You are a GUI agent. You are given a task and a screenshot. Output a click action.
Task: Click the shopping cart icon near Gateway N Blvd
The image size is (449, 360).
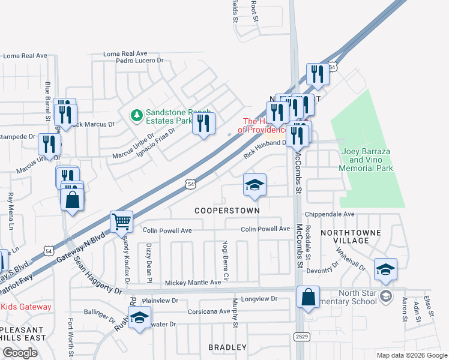click(121, 221)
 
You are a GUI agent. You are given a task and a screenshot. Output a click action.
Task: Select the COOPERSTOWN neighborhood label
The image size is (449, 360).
click(228, 211)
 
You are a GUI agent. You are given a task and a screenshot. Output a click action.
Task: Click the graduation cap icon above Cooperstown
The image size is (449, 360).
click(255, 185)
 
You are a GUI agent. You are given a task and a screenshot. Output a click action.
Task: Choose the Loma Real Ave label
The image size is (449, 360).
click(25, 56)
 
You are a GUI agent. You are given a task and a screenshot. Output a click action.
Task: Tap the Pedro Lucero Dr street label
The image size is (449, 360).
click(140, 61)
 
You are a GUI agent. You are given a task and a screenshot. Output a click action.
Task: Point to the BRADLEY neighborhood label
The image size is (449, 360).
click(228, 347)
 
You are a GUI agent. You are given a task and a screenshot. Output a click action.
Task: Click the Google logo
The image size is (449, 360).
click(20, 353)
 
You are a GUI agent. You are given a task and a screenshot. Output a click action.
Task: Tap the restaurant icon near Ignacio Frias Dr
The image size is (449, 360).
click(203, 124)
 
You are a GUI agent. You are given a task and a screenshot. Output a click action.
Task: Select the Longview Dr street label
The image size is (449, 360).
click(259, 298)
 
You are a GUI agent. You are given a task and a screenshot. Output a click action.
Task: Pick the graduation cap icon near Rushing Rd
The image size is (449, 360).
click(139, 319)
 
